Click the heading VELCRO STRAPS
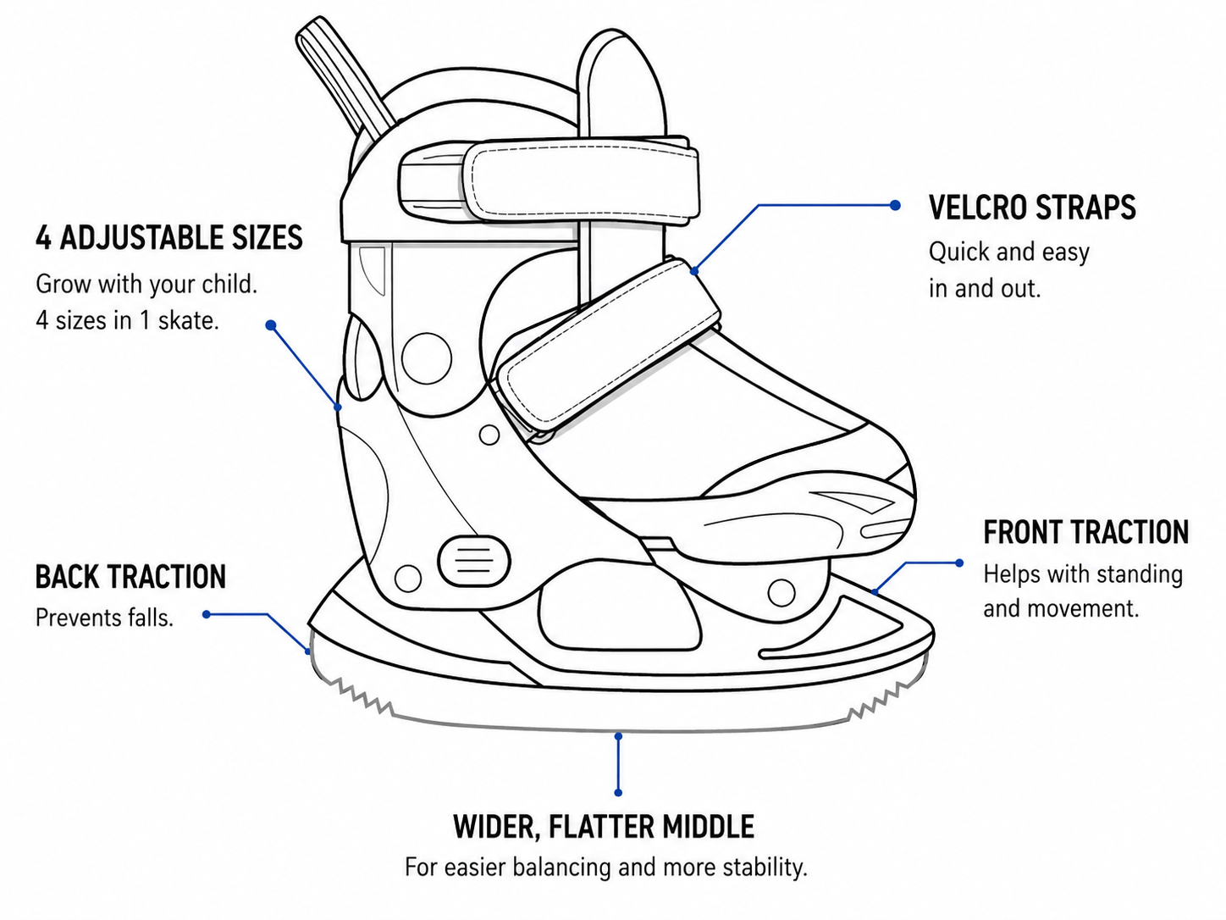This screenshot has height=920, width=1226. [1032, 208]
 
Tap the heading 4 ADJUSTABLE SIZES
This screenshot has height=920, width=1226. [169, 237]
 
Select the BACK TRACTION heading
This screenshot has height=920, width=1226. [130, 576]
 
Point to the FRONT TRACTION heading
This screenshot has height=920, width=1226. [1085, 532]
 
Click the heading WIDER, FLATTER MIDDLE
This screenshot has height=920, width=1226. [604, 827]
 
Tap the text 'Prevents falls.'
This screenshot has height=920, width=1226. [104, 618]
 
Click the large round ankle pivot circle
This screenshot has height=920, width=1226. [427, 358]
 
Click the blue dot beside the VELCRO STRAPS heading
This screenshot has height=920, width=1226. [895, 205]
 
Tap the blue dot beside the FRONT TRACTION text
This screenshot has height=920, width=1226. [959, 563]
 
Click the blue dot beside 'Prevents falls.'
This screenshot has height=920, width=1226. [207, 614]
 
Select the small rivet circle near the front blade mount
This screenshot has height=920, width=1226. [781, 593]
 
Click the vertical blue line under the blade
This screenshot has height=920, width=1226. [618, 765]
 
